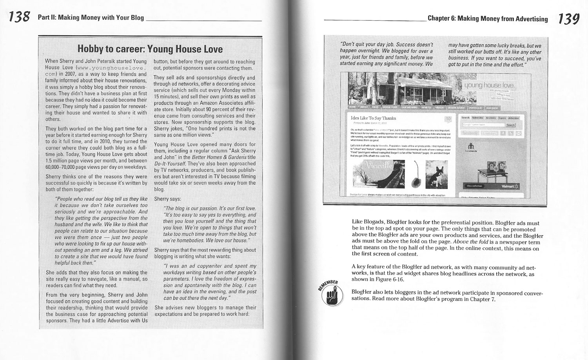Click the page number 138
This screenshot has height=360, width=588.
(19, 18)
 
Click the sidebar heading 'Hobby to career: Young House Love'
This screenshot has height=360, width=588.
(150, 49)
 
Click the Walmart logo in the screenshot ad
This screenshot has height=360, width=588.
(510, 186)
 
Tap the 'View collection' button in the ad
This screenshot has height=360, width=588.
(474, 186)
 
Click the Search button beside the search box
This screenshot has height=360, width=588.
(510, 125)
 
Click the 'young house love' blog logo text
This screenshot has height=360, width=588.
(489, 85)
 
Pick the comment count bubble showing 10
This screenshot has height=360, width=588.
(448, 119)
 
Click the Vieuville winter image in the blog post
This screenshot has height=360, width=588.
(378, 175)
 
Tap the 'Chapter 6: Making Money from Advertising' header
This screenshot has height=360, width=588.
(488, 18)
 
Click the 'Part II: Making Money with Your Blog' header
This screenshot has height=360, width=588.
(91, 18)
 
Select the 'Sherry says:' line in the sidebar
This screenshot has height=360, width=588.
(167, 199)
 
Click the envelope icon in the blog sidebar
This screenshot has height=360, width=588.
(519, 134)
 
